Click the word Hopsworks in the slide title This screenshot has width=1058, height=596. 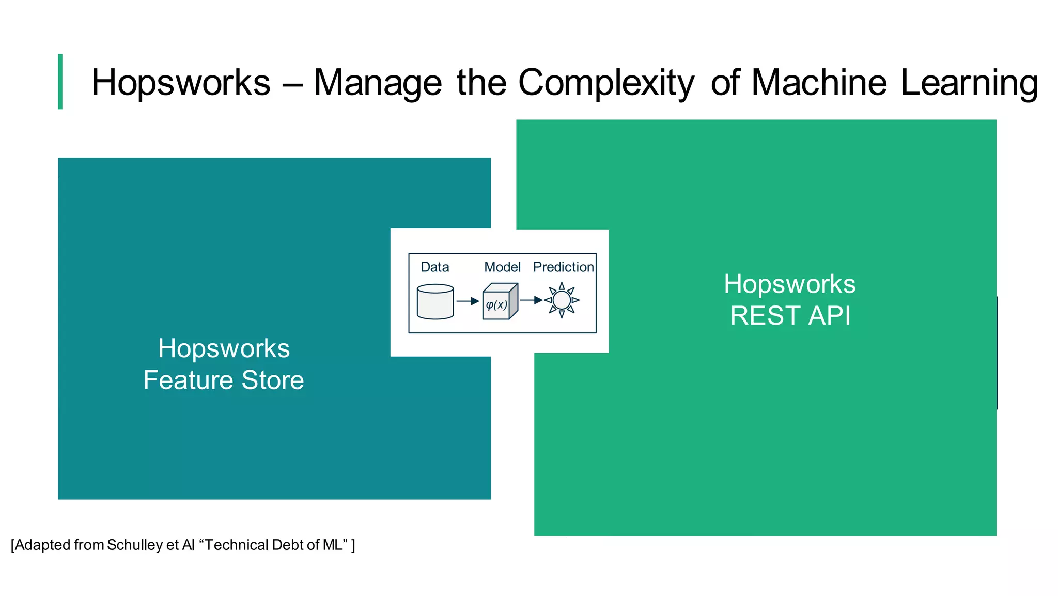coord(181,83)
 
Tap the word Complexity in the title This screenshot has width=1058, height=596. coord(606,83)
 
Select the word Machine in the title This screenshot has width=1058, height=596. coord(819,83)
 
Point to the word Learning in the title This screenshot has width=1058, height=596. coord(969,83)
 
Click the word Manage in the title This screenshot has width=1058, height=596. coord(378,83)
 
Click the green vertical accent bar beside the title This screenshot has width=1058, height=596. coord(60,82)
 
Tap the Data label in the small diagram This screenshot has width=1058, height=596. coord(434,267)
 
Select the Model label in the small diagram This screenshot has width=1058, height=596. coord(502,267)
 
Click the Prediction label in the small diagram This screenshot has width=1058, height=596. coord(563,267)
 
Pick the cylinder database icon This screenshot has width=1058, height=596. coord(435,302)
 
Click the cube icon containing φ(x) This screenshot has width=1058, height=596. coord(499,302)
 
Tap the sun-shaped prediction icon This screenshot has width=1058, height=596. coord(562,300)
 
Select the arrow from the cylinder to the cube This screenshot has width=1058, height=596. coord(468,301)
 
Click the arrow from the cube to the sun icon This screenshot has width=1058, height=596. coord(531,300)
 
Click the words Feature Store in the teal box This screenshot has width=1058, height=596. coord(224,380)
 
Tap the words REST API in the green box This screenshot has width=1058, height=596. coord(790,316)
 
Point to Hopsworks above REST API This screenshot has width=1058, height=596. coord(789,284)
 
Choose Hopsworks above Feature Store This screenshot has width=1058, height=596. coord(224,348)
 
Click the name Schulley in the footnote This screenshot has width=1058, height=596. coord(135,545)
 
